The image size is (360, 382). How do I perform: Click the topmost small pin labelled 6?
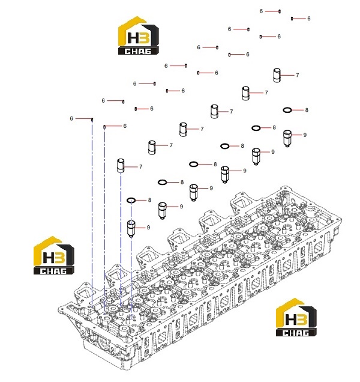tap(280, 11)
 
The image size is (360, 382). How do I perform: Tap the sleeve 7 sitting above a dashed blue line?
tap(121, 166)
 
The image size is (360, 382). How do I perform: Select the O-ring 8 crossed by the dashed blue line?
tap(131, 200)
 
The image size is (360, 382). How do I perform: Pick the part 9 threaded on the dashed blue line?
tap(131, 228)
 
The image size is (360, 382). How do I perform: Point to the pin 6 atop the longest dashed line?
tap(92, 120)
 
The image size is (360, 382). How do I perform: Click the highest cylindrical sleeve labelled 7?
tap(277, 75)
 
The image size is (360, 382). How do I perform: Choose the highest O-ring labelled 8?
tap(287, 110)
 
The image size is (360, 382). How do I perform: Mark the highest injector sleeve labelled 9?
tap(287, 138)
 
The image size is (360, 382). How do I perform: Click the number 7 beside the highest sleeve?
tap(297, 75)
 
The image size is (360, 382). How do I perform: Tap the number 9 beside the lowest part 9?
tap(148, 228)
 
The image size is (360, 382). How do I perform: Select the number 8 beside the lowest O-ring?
tap(149, 200)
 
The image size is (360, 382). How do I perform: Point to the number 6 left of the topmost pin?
tap(261, 11)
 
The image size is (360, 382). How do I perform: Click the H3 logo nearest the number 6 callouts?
tap(139, 35)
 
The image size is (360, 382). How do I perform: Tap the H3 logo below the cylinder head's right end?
tap(296, 317)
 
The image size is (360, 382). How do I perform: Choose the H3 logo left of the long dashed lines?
tap(54, 255)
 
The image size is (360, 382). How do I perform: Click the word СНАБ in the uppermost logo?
tap(138, 51)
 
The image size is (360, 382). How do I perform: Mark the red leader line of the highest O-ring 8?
tap(298, 110)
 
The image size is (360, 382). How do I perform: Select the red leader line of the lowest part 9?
tap(140, 228)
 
